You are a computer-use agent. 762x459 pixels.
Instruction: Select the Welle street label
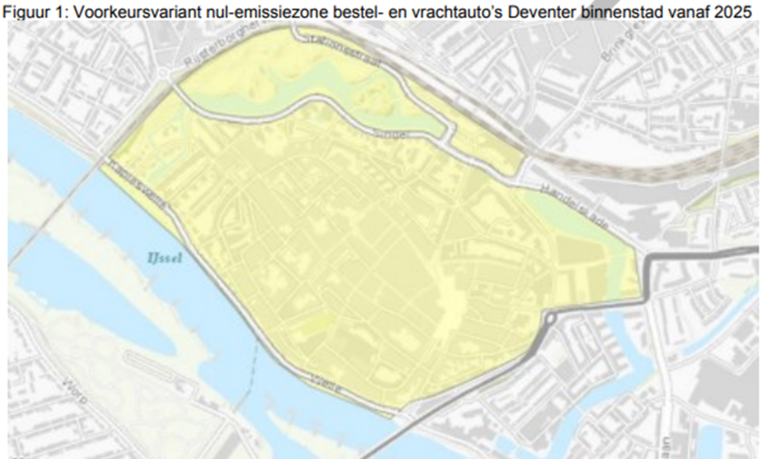pos(323,379)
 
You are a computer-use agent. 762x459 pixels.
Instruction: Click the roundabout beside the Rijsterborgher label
pos(166,74)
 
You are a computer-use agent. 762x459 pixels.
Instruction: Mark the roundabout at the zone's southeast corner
pos(550,318)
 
